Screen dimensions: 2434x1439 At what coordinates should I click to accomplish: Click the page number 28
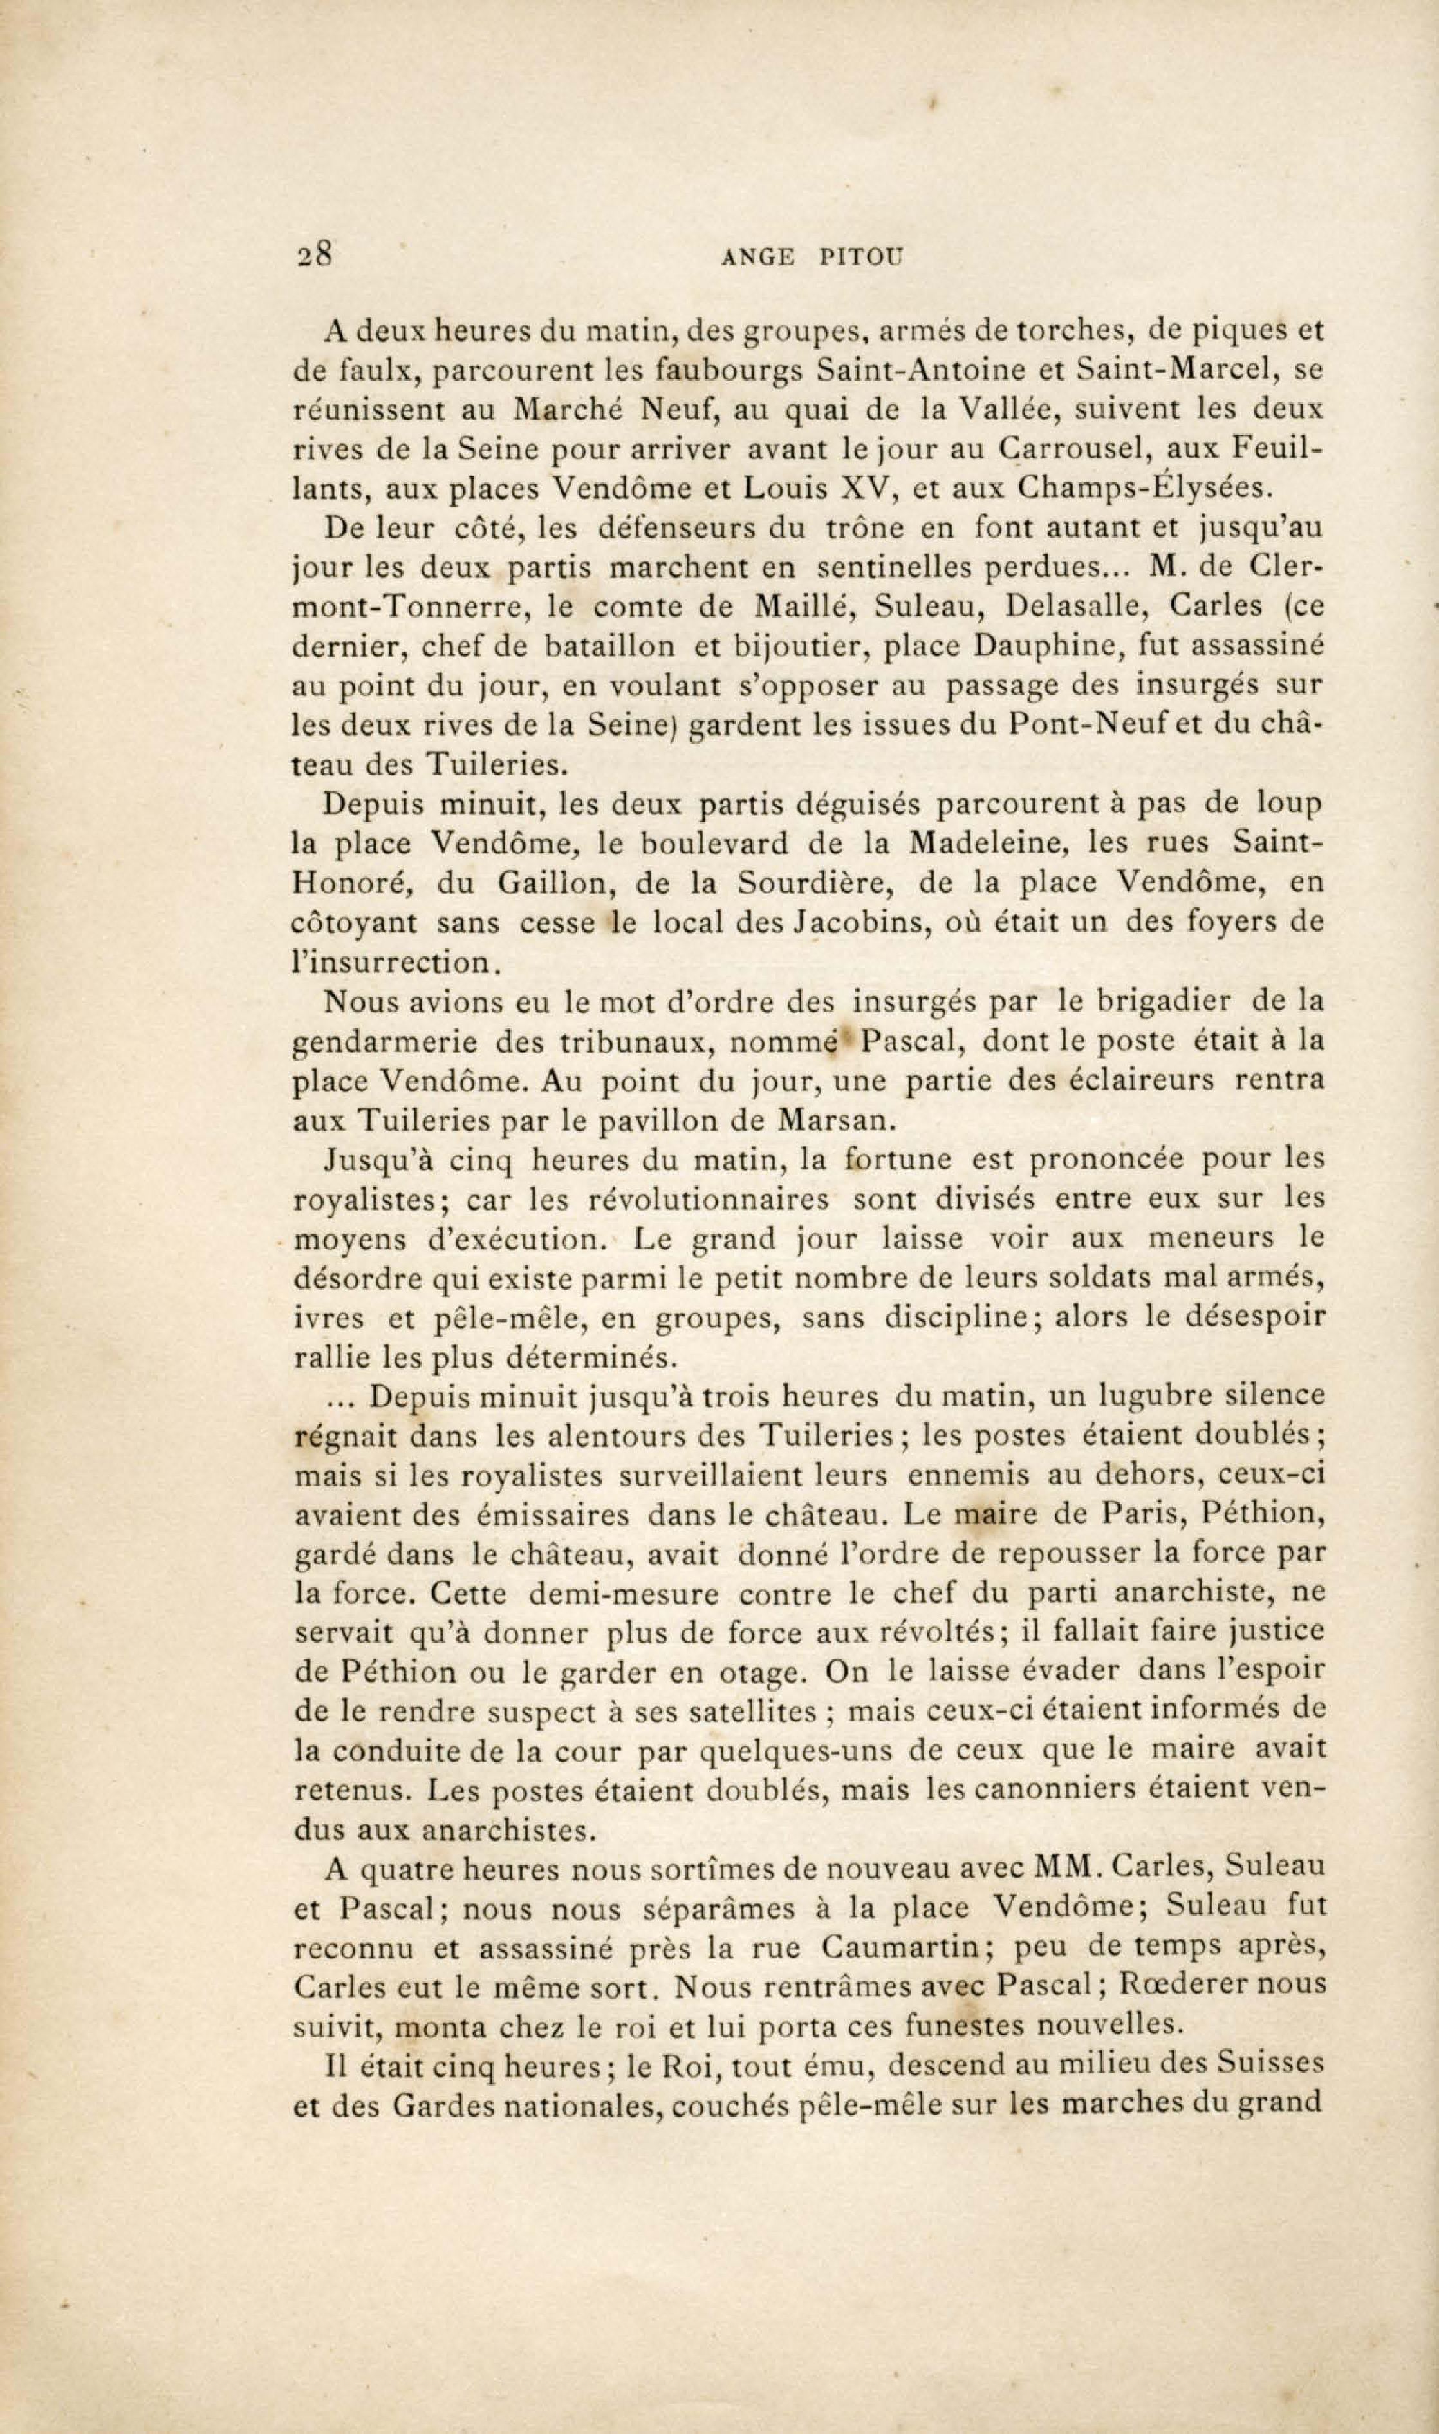coord(315,254)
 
